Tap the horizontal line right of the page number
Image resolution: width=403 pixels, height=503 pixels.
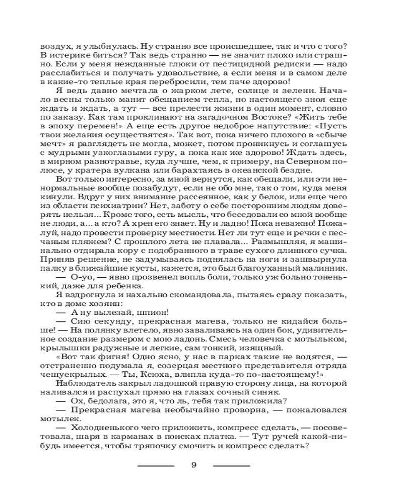(231, 465)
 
